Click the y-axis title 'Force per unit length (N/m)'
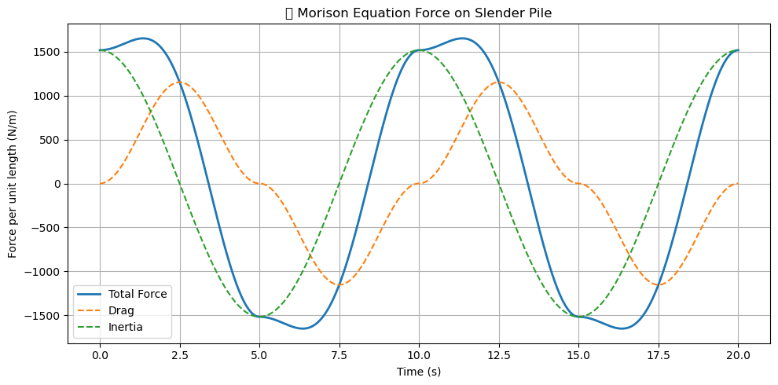point(13,183)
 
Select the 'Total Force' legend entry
point(138,294)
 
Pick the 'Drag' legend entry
point(121,310)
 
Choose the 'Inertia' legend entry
point(125,326)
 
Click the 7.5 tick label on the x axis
point(339,355)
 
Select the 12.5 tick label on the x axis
point(498,355)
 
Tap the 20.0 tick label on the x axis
point(738,355)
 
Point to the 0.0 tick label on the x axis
point(100,355)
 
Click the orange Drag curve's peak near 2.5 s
point(180,82)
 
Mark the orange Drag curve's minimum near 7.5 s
point(339,285)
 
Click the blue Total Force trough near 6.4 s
point(304,328)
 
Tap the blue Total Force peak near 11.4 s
point(464,38)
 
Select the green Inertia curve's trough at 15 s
point(578,317)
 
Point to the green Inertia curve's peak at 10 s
point(419,50)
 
